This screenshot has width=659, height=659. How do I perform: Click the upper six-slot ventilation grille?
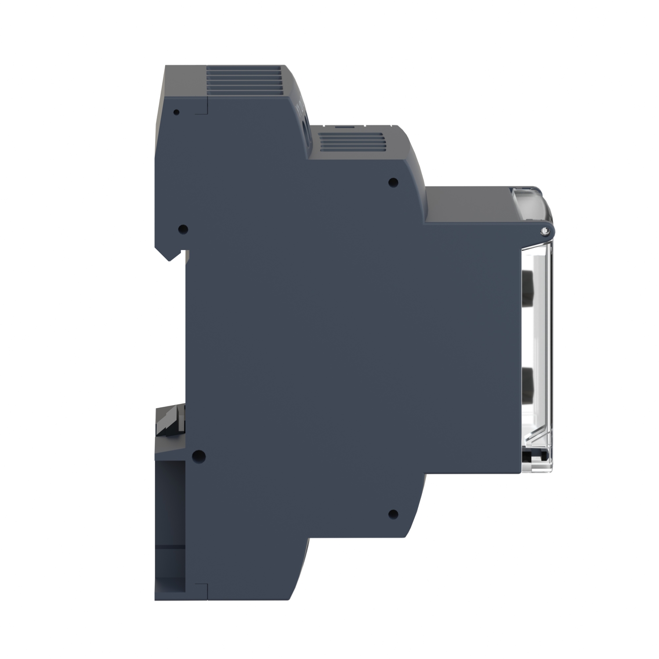click(244, 82)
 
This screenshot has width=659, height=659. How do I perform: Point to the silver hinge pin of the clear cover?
click(545, 230)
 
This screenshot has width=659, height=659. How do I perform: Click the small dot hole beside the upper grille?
click(177, 112)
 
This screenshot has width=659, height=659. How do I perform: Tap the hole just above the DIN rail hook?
click(184, 228)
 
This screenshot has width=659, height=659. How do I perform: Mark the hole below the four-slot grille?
click(393, 181)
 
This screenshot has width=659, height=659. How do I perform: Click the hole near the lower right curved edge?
click(393, 513)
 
